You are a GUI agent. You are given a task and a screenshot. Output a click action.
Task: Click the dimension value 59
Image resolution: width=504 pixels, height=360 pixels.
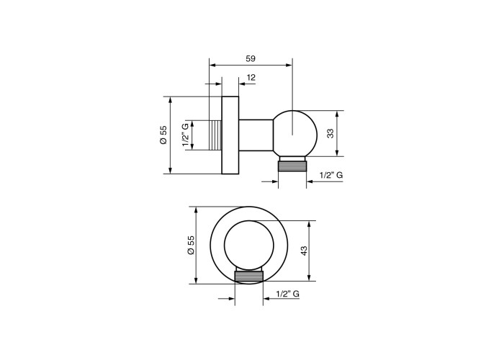coord(251,59)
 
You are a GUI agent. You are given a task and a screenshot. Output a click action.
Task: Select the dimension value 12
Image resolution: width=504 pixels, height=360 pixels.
coord(251,78)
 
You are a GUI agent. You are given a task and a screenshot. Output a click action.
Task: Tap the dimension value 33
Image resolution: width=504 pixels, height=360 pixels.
coord(330,133)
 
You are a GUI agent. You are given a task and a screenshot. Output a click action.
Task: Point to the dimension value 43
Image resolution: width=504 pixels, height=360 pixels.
coord(304,251)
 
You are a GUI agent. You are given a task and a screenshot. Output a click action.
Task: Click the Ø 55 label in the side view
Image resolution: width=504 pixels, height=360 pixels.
coord(163,135)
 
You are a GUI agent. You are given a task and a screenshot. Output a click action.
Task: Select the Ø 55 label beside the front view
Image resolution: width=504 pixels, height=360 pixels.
coord(191,245)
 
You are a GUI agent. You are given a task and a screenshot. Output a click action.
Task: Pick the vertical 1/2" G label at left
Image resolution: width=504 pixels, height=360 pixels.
coord(186,135)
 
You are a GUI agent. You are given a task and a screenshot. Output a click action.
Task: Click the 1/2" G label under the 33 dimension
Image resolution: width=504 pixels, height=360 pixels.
coord(331,175)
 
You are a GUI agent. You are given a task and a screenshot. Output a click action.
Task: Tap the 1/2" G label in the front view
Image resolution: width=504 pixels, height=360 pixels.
coord(288,294)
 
